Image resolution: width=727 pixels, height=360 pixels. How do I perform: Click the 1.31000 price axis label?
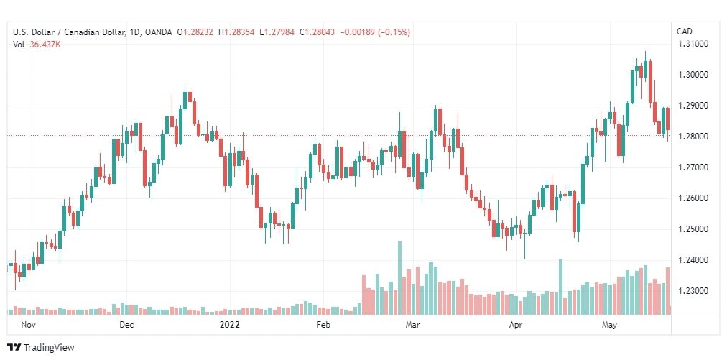pos(693,44)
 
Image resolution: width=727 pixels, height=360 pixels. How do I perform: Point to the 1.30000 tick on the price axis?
pos(693,75)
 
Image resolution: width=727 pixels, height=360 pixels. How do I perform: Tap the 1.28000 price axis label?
pos(693,137)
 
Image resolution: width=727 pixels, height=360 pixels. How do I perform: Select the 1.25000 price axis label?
pos(693,229)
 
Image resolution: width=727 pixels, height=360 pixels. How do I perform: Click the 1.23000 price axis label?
pos(693,291)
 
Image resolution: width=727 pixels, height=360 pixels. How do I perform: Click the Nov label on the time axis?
pos(28,325)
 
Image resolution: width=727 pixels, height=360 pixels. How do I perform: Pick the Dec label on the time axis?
pos(126,325)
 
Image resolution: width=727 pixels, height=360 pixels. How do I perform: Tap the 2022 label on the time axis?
pos(229,325)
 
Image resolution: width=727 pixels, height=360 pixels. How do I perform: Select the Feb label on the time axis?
pos(323,325)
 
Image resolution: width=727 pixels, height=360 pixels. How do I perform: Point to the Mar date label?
pos(412,325)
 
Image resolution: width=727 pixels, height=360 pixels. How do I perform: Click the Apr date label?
pos(516,325)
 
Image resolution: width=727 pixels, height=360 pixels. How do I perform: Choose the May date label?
pos(609,325)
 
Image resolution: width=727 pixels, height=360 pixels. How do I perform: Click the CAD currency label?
pos(685,32)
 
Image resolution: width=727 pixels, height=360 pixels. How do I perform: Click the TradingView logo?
pos(41,348)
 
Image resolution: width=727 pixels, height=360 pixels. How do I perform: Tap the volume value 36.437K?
pos(45,45)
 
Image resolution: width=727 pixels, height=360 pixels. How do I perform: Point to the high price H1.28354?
pos(236,32)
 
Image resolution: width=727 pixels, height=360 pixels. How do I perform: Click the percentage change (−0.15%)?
pos(395,32)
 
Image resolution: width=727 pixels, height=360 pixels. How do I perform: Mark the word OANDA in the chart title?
pos(158,32)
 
